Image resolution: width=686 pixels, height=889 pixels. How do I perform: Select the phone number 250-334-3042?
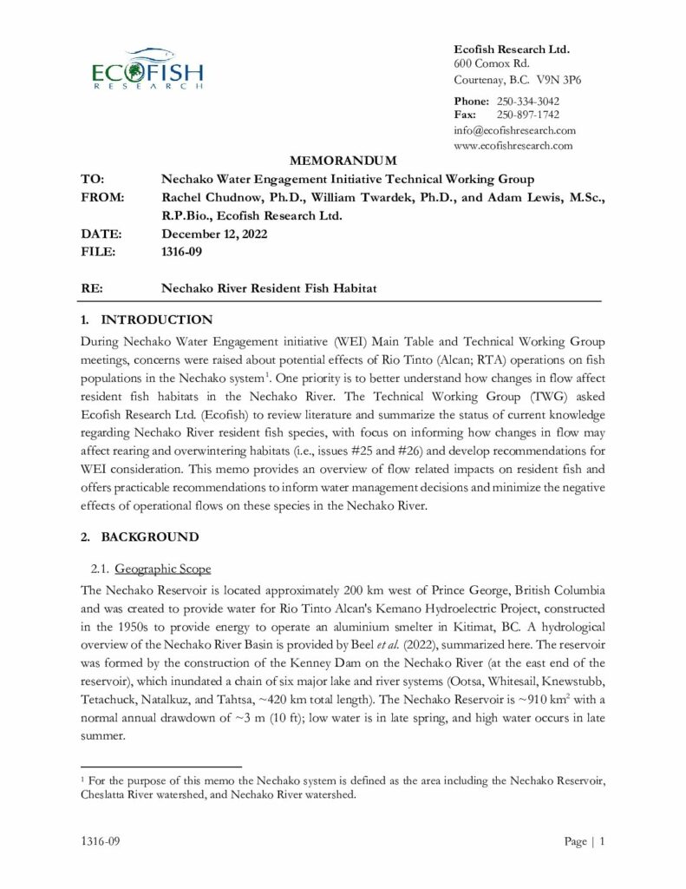[x=527, y=102]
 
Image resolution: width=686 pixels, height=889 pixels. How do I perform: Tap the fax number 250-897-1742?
[x=527, y=115]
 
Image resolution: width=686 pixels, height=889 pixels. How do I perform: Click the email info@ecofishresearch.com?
[x=514, y=130]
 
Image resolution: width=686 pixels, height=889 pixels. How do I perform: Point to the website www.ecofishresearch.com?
[x=513, y=145]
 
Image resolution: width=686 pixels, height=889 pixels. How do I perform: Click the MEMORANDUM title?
[x=342, y=161]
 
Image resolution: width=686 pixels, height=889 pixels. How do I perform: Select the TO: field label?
[x=93, y=179]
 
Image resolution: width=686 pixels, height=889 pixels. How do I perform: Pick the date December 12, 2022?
[x=214, y=234]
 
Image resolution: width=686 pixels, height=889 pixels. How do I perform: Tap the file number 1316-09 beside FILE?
[x=181, y=252]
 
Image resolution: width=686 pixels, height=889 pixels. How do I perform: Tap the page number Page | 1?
[x=583, y=841]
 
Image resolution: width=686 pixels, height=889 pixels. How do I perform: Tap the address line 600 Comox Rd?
[x=492, y=64]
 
